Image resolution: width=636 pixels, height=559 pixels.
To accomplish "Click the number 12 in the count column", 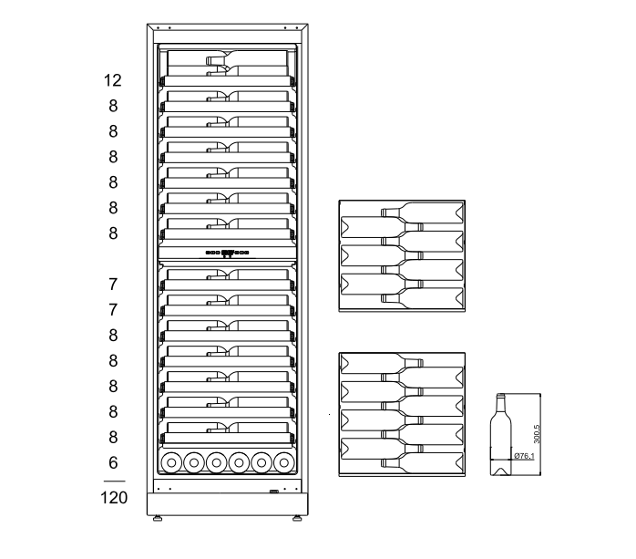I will (x=113, y=80).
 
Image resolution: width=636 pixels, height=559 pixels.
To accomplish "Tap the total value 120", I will (x=113, y=499).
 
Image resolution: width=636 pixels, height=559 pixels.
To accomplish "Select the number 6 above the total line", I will (x=113, y=462).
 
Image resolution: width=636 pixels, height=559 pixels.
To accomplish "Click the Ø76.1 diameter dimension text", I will (x=524, y=456).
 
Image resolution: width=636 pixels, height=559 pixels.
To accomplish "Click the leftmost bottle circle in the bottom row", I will (x=170, y=463).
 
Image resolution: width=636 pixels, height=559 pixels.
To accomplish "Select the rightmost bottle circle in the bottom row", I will (x=285, y=463).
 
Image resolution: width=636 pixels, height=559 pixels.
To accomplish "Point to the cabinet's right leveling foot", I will (x=297, y=521).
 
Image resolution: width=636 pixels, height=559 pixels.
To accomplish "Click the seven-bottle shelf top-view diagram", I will (x=402, y=256).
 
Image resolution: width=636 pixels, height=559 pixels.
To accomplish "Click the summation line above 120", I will (x=113, y=481).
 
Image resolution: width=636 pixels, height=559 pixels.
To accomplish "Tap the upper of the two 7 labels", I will (x=113, y=285).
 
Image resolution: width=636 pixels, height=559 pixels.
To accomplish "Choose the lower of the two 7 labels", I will (x=113, y=310).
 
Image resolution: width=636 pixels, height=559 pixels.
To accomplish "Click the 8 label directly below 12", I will (x=113, y=106).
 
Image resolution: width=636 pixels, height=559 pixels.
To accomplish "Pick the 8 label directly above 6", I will (x=113, y=437).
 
